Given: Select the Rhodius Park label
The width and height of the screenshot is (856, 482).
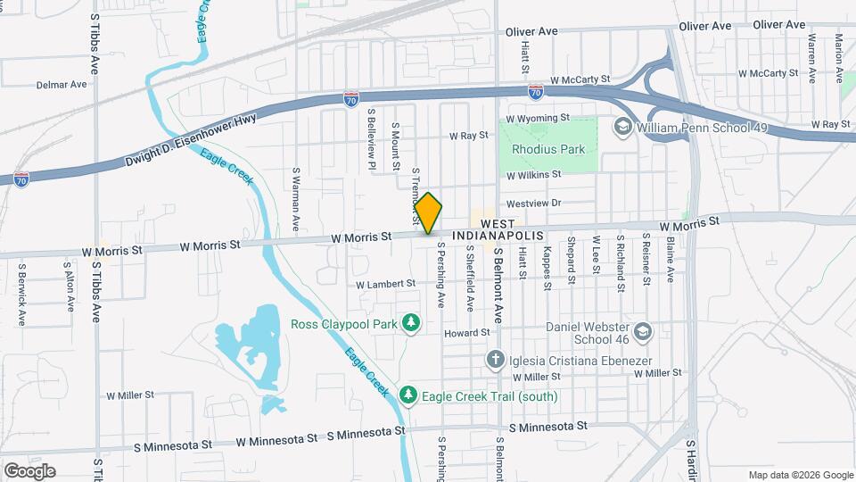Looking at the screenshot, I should pos(547,149).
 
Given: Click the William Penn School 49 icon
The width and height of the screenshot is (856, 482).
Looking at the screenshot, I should pos(621,129).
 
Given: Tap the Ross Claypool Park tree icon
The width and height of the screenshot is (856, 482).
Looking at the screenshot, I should pos(410,322).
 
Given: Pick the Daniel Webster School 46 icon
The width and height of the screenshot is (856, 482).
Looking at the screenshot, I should pos(645,332).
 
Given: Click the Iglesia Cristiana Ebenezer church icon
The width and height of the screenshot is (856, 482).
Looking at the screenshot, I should pos(496,360).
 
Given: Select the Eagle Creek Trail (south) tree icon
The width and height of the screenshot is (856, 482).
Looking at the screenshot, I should pos(407,395).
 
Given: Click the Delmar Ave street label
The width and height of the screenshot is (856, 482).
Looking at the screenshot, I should pos(62,85).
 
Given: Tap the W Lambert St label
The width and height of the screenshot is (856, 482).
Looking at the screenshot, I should pos(386,284).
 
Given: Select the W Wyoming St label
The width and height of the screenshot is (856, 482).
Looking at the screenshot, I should pos(537,118).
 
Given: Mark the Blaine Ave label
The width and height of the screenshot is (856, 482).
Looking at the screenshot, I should pos(669,259).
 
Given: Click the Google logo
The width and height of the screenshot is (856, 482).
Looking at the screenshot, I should pos(29,471).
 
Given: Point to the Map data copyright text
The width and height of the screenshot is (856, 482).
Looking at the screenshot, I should pos(800,475).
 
